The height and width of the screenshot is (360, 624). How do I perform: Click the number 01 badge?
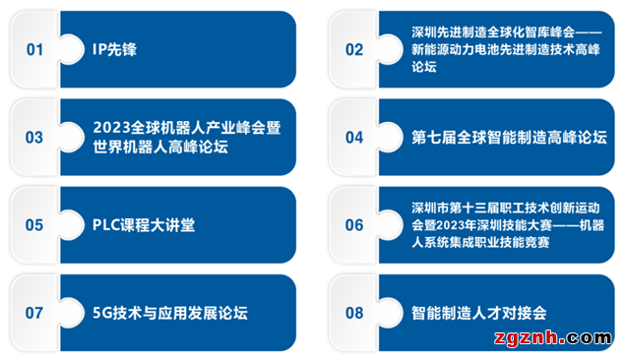click(35, 49)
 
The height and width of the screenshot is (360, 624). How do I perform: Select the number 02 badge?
click(354, 49)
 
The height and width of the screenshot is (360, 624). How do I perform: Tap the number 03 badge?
click(35, 137)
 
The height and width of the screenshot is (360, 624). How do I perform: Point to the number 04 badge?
click(354, 137)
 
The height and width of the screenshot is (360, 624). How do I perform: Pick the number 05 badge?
click(35, 225)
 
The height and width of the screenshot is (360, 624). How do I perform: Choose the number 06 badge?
click(354, 225)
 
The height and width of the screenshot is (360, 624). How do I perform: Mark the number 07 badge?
click(35, 313)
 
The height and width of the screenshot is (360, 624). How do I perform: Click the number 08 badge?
click(354, 313)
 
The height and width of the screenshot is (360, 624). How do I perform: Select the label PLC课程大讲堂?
click(144, 225)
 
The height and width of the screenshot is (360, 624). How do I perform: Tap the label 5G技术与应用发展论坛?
click(170, 314)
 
